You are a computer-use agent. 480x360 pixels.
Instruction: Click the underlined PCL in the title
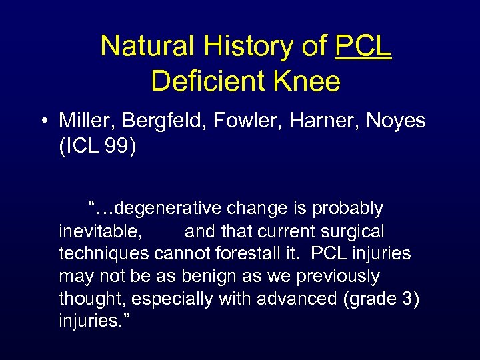pyautogui.click(x=363, y=47)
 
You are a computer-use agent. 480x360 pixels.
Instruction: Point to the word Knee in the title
pyautogui.click(x=307, y=81)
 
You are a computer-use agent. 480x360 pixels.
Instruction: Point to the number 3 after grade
pyautogui.click(x=407, y=299)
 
